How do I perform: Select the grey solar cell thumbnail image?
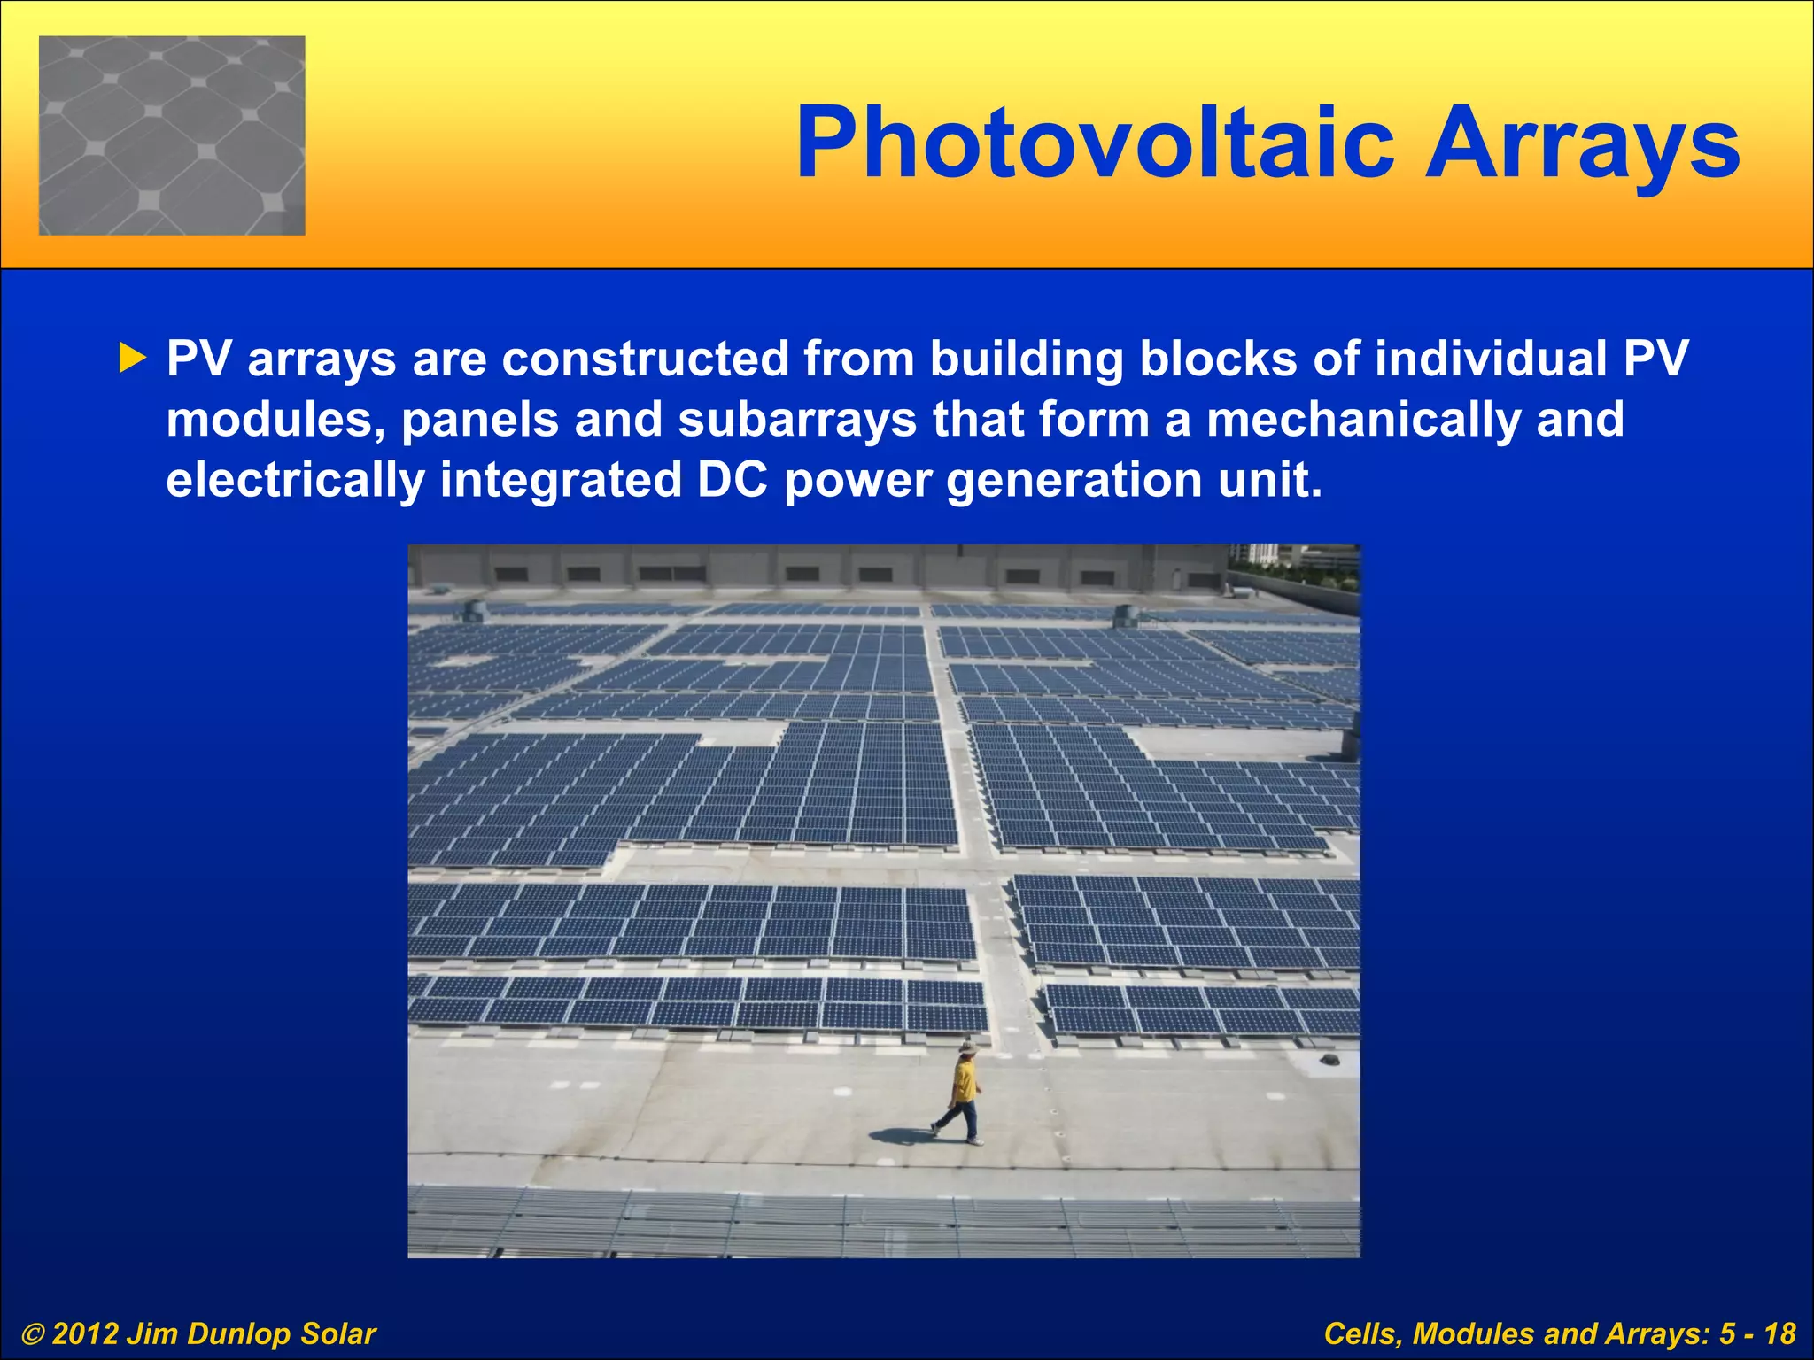click(x=172, y=135)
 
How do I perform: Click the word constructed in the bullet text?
click(x=646, y=359)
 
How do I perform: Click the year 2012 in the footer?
click(x=85, y=1333)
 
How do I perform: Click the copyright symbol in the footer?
click(x=32, y=1334)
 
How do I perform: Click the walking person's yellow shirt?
click(x=964, y=1081)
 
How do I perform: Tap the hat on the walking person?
click(x=967, y=1048)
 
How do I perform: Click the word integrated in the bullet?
click(x=561, y=480)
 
